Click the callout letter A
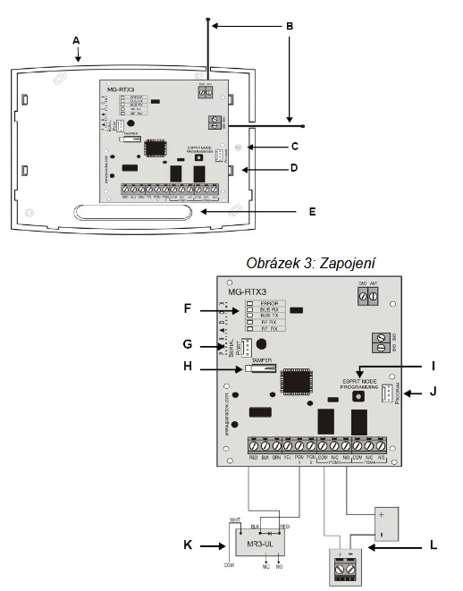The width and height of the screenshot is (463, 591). tap(77, 40)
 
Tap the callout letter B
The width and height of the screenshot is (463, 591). tap(290, 28)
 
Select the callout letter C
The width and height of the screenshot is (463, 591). tap(294, 143)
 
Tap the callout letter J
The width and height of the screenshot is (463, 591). tap(434, 392)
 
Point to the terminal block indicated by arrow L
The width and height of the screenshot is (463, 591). tap(343, 565)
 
